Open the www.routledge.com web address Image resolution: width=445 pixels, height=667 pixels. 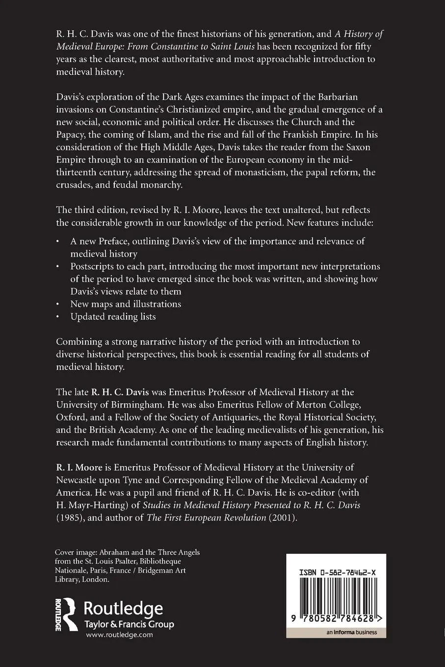point(119,635)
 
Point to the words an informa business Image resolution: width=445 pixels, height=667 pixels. point(351,632)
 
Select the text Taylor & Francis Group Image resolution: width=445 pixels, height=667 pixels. point(129,624)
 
